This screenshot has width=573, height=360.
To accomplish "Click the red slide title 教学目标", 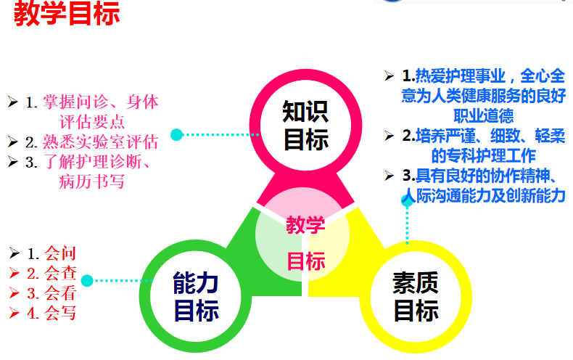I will tap(66, 15).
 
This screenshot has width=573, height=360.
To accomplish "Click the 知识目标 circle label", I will tap(305, 125).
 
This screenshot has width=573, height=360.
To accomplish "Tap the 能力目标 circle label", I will tap(196, 295).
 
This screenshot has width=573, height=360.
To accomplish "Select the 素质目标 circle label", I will tap(416, 295).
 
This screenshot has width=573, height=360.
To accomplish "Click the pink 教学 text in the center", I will tap(305, 225).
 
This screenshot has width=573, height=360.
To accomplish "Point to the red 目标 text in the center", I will tap(306, 261).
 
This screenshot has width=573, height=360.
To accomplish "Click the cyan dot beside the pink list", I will tap(176, 134).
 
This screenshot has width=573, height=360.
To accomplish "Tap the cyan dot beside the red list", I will tap(87, 280).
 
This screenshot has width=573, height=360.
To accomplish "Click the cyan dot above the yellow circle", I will tap(407, 200).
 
